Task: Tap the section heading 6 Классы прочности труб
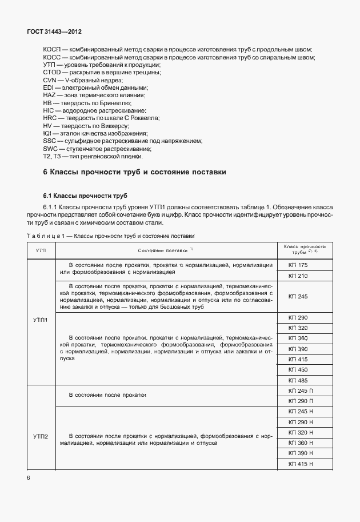click(135, 172)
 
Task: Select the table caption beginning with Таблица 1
click(111, 236)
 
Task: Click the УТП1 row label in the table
click(41, 320)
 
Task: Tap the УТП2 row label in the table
click(41, 437)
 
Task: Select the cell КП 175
click(298, 265)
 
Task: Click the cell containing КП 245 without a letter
click(298, 296)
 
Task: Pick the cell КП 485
click(298, 380)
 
